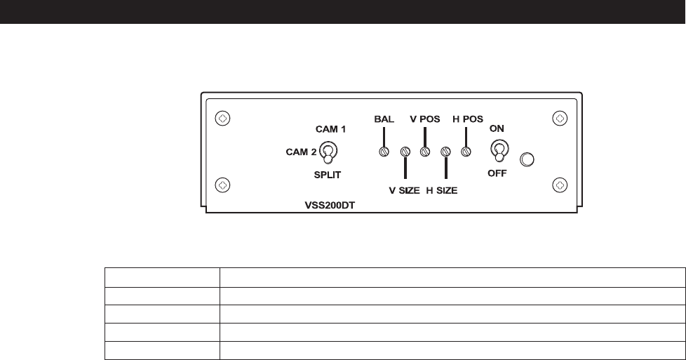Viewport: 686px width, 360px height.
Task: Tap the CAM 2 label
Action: pyautogui.click(x=300, y=150)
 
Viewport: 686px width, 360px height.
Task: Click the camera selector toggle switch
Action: pyautogui.click(x=328, y=151)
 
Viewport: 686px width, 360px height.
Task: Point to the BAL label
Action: pyautogui.click(x=384, y=119)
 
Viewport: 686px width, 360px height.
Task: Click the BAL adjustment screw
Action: pyautogui.click(x=384, y=151)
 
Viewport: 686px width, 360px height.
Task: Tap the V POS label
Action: pyautogui.click(x=424, y=119)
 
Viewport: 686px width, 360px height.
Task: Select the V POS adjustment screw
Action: pyautogui.click(x=424, y=151)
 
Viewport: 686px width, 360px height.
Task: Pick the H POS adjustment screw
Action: pyautogui.click(x=464, y=151)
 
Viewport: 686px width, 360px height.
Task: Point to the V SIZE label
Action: pyautogui.click(x=405, y=189)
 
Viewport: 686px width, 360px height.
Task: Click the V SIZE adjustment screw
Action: pyautogui.click(x=405, y=151)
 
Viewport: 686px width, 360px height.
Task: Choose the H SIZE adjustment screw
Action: pyautogui.click(x=445, y=151)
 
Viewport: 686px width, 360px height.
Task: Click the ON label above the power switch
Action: pyautogui.click(x=497, y=128)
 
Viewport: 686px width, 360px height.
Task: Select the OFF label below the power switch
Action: pyautogui.click(x=497, y=173)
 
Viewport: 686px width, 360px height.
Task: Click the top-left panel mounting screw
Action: pyautogui.click(x=222, y=119)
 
